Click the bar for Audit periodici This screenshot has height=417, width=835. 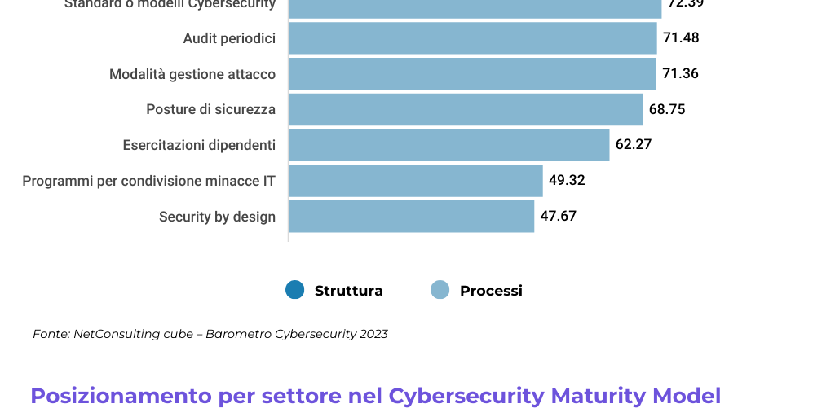tap(472, 38)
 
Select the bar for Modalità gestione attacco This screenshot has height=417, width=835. tap(472, 74)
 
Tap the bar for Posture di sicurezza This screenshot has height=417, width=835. tap(466, 109)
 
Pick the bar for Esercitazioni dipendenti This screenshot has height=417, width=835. tap(448, 145)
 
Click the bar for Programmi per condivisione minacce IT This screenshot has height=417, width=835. tap(415, 181)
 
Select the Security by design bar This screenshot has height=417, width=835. tap(411, 217)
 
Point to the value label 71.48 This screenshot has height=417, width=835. tap(681, 38)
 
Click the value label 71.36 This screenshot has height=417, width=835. tap(681, 74)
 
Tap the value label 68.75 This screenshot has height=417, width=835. tap(667, 109)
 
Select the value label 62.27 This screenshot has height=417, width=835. tap(634, 145)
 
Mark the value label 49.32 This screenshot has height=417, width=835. tap(567, 181)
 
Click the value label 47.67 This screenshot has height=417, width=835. tap(559, 217)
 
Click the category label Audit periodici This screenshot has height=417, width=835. tap(229, 38)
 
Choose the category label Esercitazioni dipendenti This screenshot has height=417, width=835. tap(199, 145)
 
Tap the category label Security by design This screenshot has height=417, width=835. tap(217, 217)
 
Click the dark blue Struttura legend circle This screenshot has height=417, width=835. tap(294, 290)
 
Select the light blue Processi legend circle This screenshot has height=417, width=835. tap(440, 290)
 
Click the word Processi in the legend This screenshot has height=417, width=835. tap(491, 291)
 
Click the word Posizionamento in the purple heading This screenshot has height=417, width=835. tap(121, 396)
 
